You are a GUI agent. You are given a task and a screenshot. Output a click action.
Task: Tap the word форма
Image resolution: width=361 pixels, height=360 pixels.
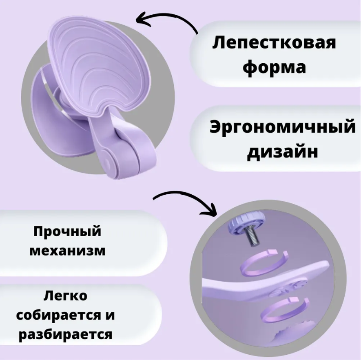coord(274,67)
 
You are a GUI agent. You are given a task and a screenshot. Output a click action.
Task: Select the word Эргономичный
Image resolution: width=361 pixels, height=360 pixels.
coord(282,127)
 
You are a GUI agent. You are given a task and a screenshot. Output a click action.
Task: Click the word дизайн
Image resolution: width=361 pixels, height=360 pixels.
coord(283,151)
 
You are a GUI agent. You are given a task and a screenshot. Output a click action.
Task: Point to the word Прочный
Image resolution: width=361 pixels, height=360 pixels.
coord(67,231)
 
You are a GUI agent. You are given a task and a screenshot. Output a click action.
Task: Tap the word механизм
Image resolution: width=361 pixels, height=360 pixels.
coord(67,250)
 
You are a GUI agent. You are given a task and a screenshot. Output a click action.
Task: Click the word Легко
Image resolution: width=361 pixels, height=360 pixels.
coord(66,296)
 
